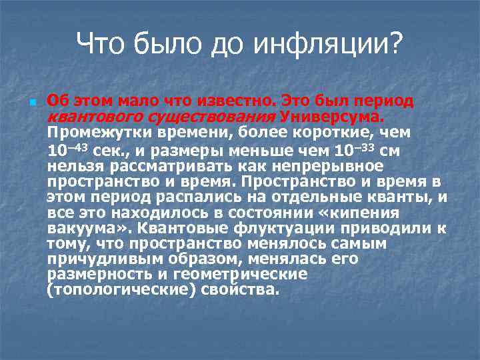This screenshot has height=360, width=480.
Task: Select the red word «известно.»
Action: pyautogui.click(x=235, y=101)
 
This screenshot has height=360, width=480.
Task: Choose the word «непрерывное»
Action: pyautogui.click(x=325, y=165)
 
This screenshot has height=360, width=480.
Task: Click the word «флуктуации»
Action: pyautogui.click(x=268, y=229)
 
